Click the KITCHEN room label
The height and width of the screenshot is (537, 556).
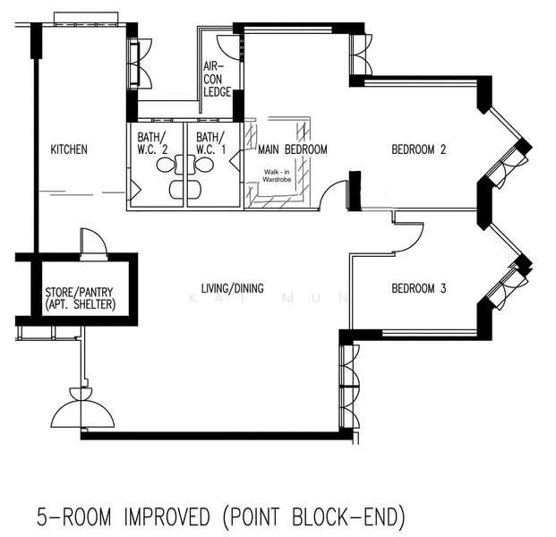coord(69,149)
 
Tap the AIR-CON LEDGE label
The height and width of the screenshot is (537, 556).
coord(217,79)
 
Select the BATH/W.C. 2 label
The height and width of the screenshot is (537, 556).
coord(152,143)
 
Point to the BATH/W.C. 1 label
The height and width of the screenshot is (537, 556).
coord(210,143)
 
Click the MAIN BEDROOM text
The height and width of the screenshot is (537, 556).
coord(293,149)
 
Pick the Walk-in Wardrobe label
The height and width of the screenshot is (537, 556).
coord(277,175)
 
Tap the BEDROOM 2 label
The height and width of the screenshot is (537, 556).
coord(418,149)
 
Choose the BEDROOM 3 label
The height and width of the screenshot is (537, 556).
coord(418,288)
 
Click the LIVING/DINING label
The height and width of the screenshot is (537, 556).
coord(232,288)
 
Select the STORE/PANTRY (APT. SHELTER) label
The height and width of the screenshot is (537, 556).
coord(79,298)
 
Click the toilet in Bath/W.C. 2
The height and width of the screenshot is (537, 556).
coord(166,165)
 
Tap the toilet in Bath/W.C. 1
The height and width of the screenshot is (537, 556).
coord(203,165)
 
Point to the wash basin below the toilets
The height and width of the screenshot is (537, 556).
coord(185,190)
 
